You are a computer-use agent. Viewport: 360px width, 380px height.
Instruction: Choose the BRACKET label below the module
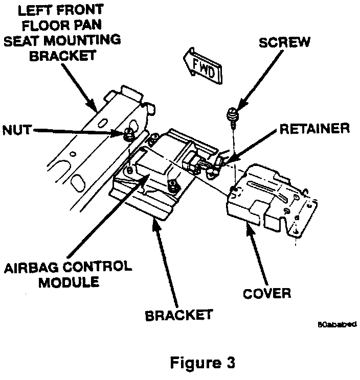coord(178,315)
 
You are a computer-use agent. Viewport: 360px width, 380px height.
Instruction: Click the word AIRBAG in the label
coord(30,267)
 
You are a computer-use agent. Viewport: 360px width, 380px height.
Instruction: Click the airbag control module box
coord(153,163)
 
